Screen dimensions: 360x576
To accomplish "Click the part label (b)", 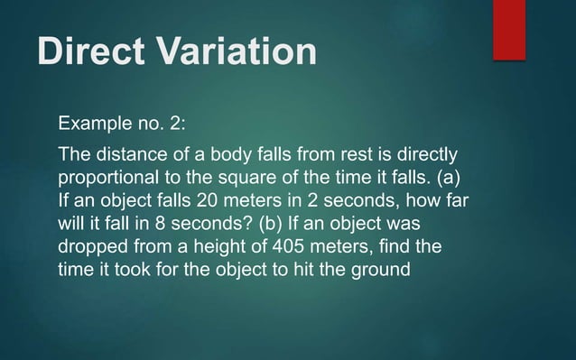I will click(x=275, y=222).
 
